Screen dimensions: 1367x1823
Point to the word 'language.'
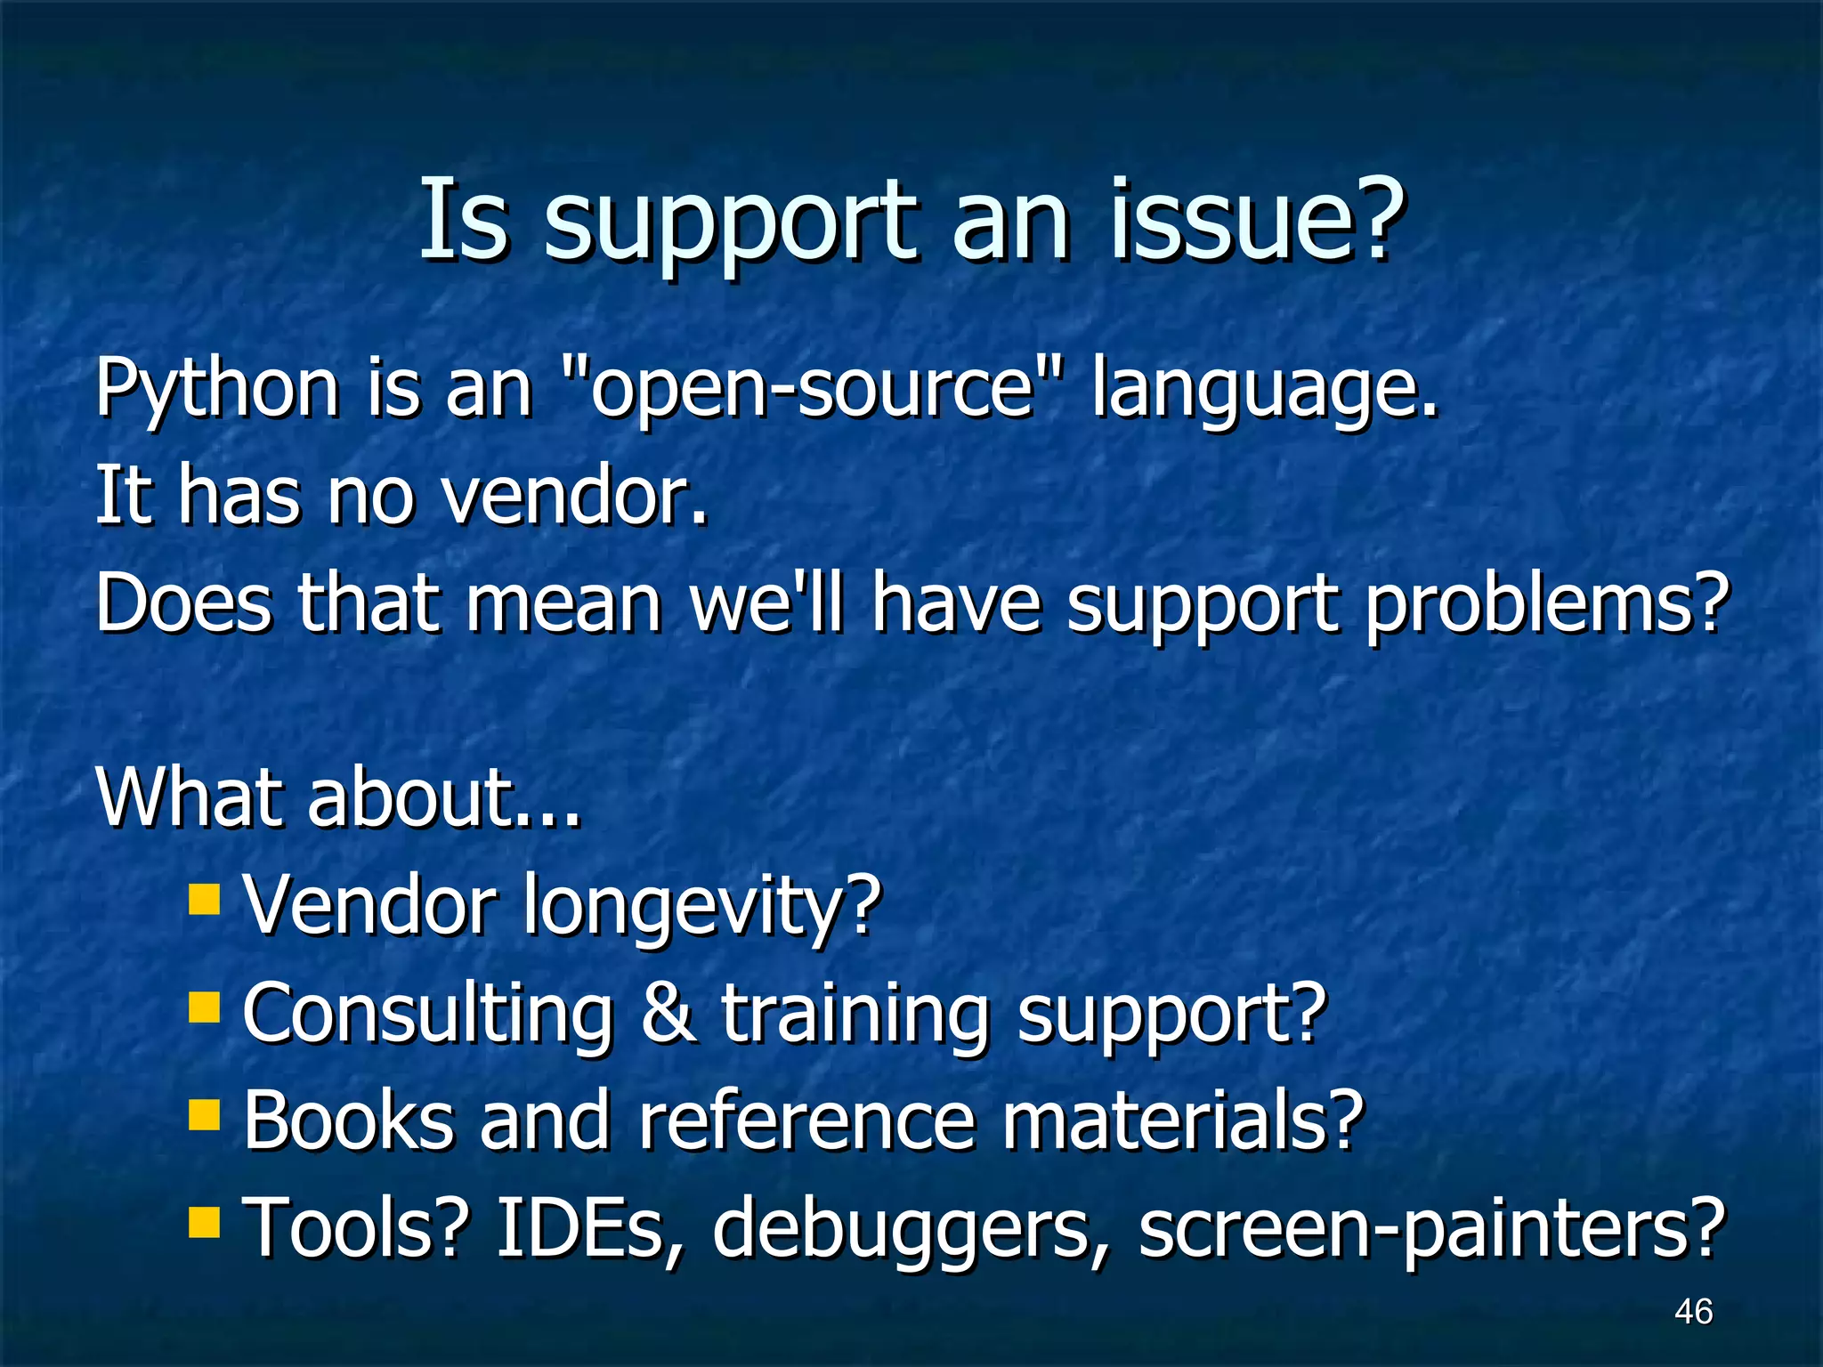click(x=1264, y=392)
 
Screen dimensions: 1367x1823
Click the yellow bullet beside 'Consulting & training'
click(x=204, y=1007)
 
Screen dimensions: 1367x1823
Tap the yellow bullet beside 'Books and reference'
click(x=204, y=1114)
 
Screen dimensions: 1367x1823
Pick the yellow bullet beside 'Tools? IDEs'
click(x=204, y=1222)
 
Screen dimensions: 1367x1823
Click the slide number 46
click(x=1693, y=1311)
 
